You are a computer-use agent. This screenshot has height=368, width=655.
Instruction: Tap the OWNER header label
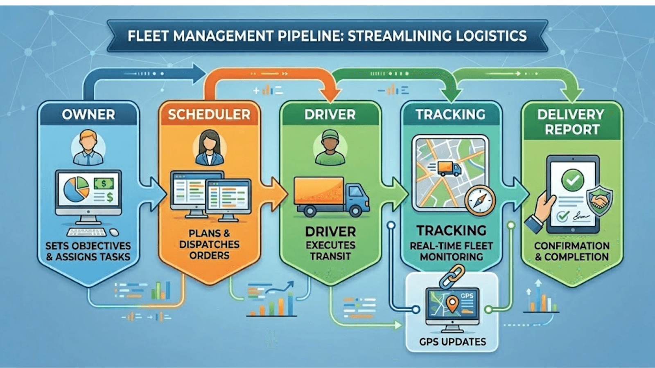click(88, 114)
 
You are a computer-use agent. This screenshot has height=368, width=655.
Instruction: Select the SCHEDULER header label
click(209, 114)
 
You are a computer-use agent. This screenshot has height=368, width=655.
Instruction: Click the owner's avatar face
click(88, 141)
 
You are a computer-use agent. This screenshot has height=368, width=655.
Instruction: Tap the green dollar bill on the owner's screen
click(104, 184)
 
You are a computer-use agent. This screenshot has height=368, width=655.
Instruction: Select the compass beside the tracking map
click(480, 200)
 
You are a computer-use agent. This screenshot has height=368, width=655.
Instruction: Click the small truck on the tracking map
click(449, 168)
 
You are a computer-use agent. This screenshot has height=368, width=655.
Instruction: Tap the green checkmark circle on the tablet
click(572, 180)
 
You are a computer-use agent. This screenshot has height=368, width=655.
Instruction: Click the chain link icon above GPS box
click(452, 276)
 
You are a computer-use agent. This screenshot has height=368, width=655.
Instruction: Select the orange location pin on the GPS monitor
click(452, 303)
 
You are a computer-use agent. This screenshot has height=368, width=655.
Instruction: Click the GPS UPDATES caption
click(452, 342)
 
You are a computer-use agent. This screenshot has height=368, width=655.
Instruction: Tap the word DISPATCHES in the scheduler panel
click(209, 245)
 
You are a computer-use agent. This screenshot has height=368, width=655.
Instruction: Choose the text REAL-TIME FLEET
click(451, 246)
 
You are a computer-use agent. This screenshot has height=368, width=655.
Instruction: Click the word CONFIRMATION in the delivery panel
click(571, 246)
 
